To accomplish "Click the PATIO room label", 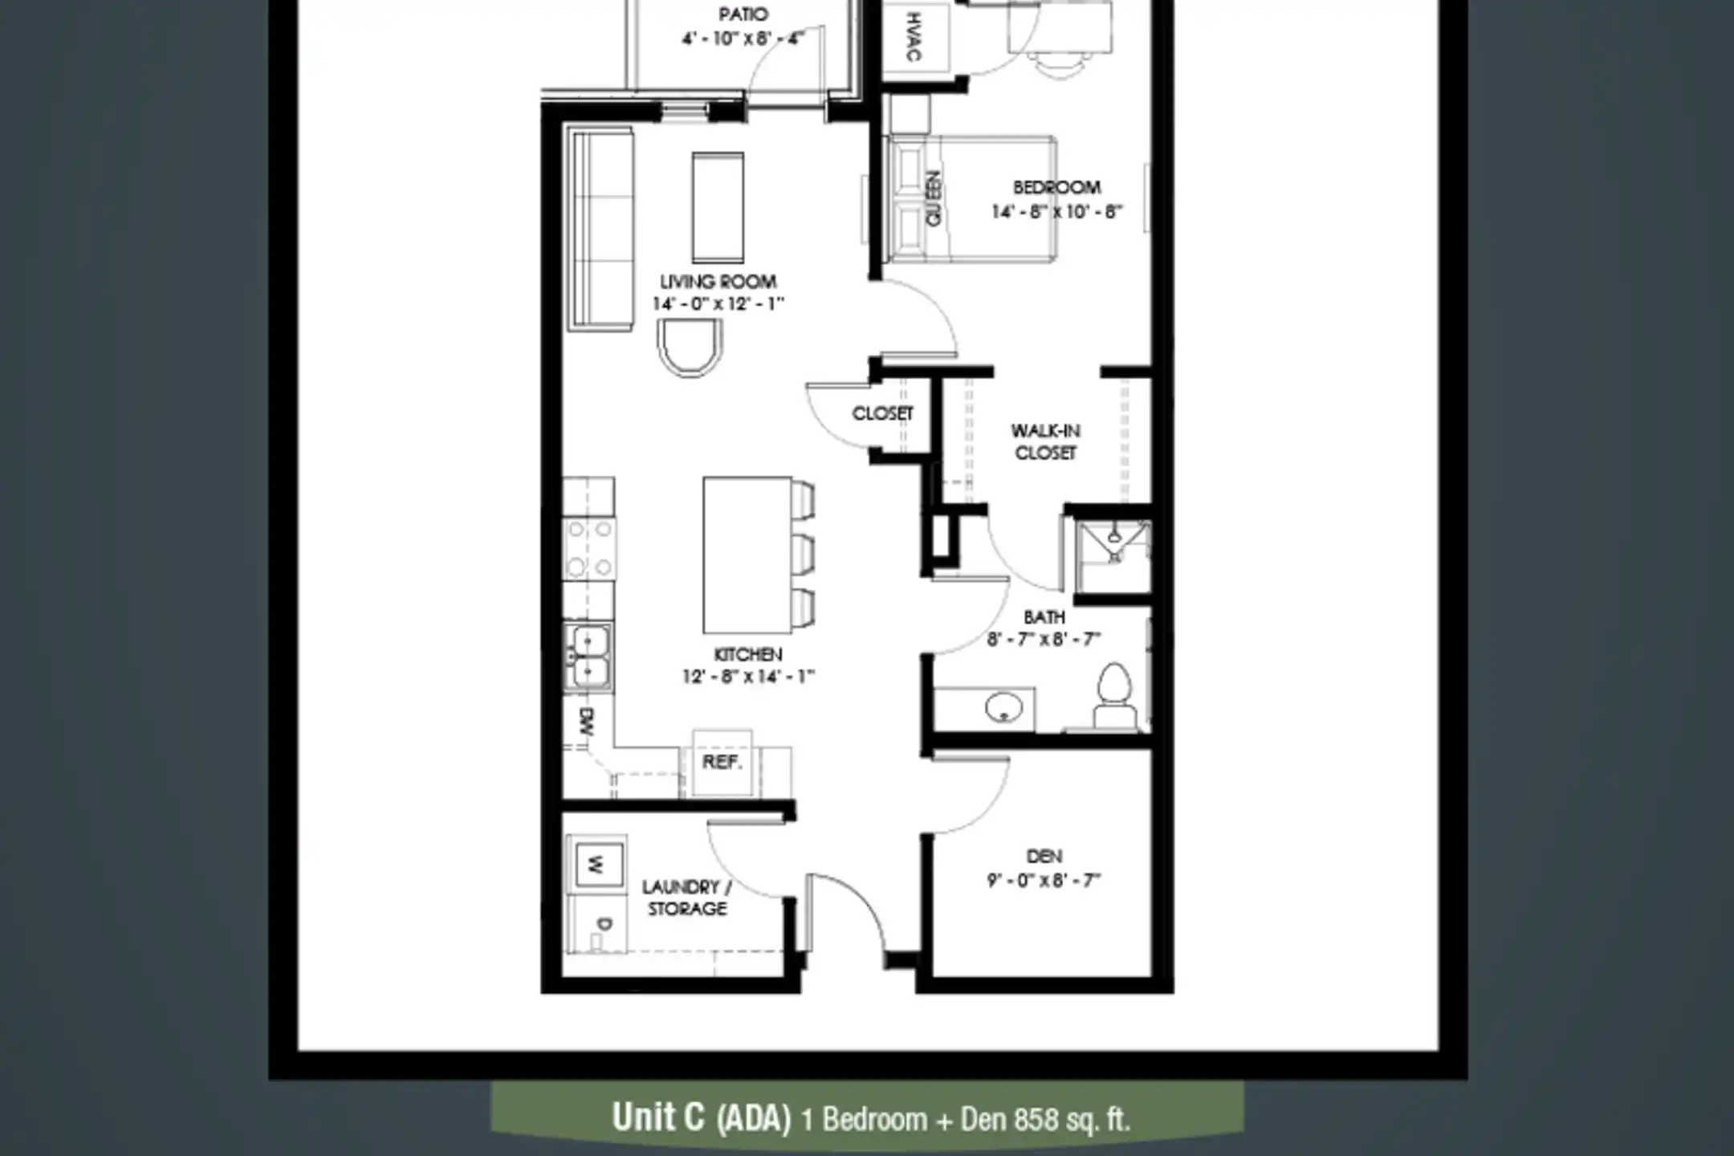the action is (743, 14).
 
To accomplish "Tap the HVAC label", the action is (914, 37).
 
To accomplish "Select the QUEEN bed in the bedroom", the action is (971, 199).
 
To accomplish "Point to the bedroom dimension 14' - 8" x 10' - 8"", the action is (1056, 212).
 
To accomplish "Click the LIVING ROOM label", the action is (718, 282).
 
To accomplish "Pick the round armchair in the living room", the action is (690, 347).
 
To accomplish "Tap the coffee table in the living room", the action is (718, 207).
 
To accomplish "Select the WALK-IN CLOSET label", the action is (1045, 442).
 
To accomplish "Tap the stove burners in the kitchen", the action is (589, 549).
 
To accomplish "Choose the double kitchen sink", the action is (588, 657).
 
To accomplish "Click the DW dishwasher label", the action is (586, 722).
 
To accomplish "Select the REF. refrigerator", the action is (722, 763).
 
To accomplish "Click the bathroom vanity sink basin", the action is (1003, 708).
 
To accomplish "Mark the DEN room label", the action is (1044, 857).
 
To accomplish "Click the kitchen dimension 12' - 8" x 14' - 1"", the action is (748, 677).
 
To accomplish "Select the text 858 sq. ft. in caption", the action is (1073, 1119).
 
